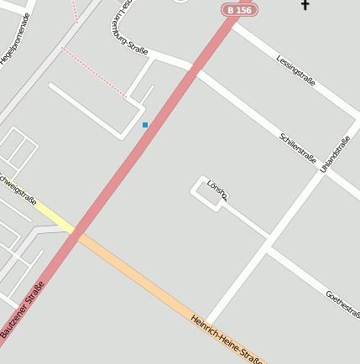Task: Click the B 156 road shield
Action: pyautogui.click(x=239, y=10)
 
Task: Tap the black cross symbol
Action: pyautogui.click(x=305, y=6)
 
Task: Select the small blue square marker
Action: pyautogui.click(x=145, y=125)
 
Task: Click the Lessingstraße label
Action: pyautogui.click(x=295, y=70)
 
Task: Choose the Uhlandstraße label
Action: pyautogui.click(x=335, y=154)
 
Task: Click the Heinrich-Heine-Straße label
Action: pyautogui.click(x=227, y=340)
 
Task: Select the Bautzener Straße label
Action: pyautogui.click(x=23, y=309)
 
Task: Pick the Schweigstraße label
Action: pyautogui.click(x=17, y=190)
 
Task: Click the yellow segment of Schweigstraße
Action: pyautogui.click(x=55, y=217)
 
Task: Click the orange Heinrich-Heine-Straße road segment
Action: pyautogui.click(x=143, y=280)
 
